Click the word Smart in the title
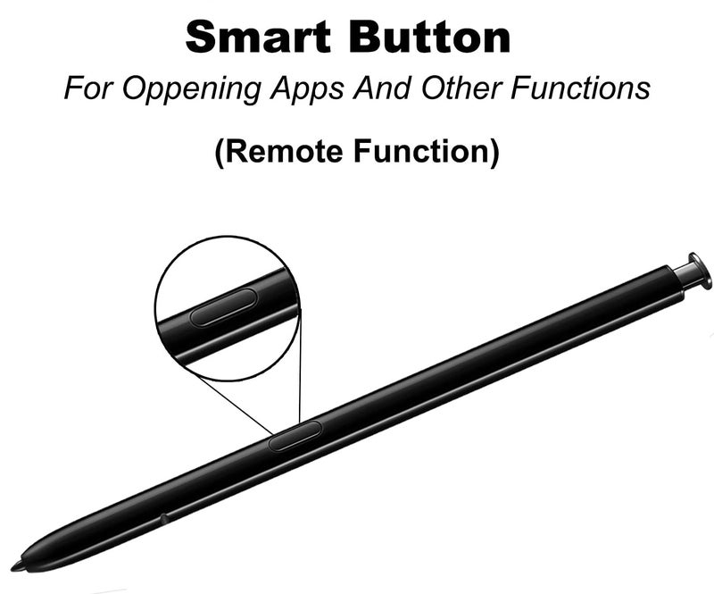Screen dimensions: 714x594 (258, 37)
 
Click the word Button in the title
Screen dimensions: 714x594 (430, 37)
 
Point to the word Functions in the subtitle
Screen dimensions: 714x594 (580, 88)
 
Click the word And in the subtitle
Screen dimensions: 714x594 (383, 88)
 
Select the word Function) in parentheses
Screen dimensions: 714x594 (427, 151)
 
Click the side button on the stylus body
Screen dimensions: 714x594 (295, 436)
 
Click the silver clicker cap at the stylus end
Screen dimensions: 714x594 (693, 271)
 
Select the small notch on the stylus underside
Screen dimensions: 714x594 (163, 517)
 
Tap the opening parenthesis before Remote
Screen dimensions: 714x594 (219, 153)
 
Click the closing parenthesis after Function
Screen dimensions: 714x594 (494, 153)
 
